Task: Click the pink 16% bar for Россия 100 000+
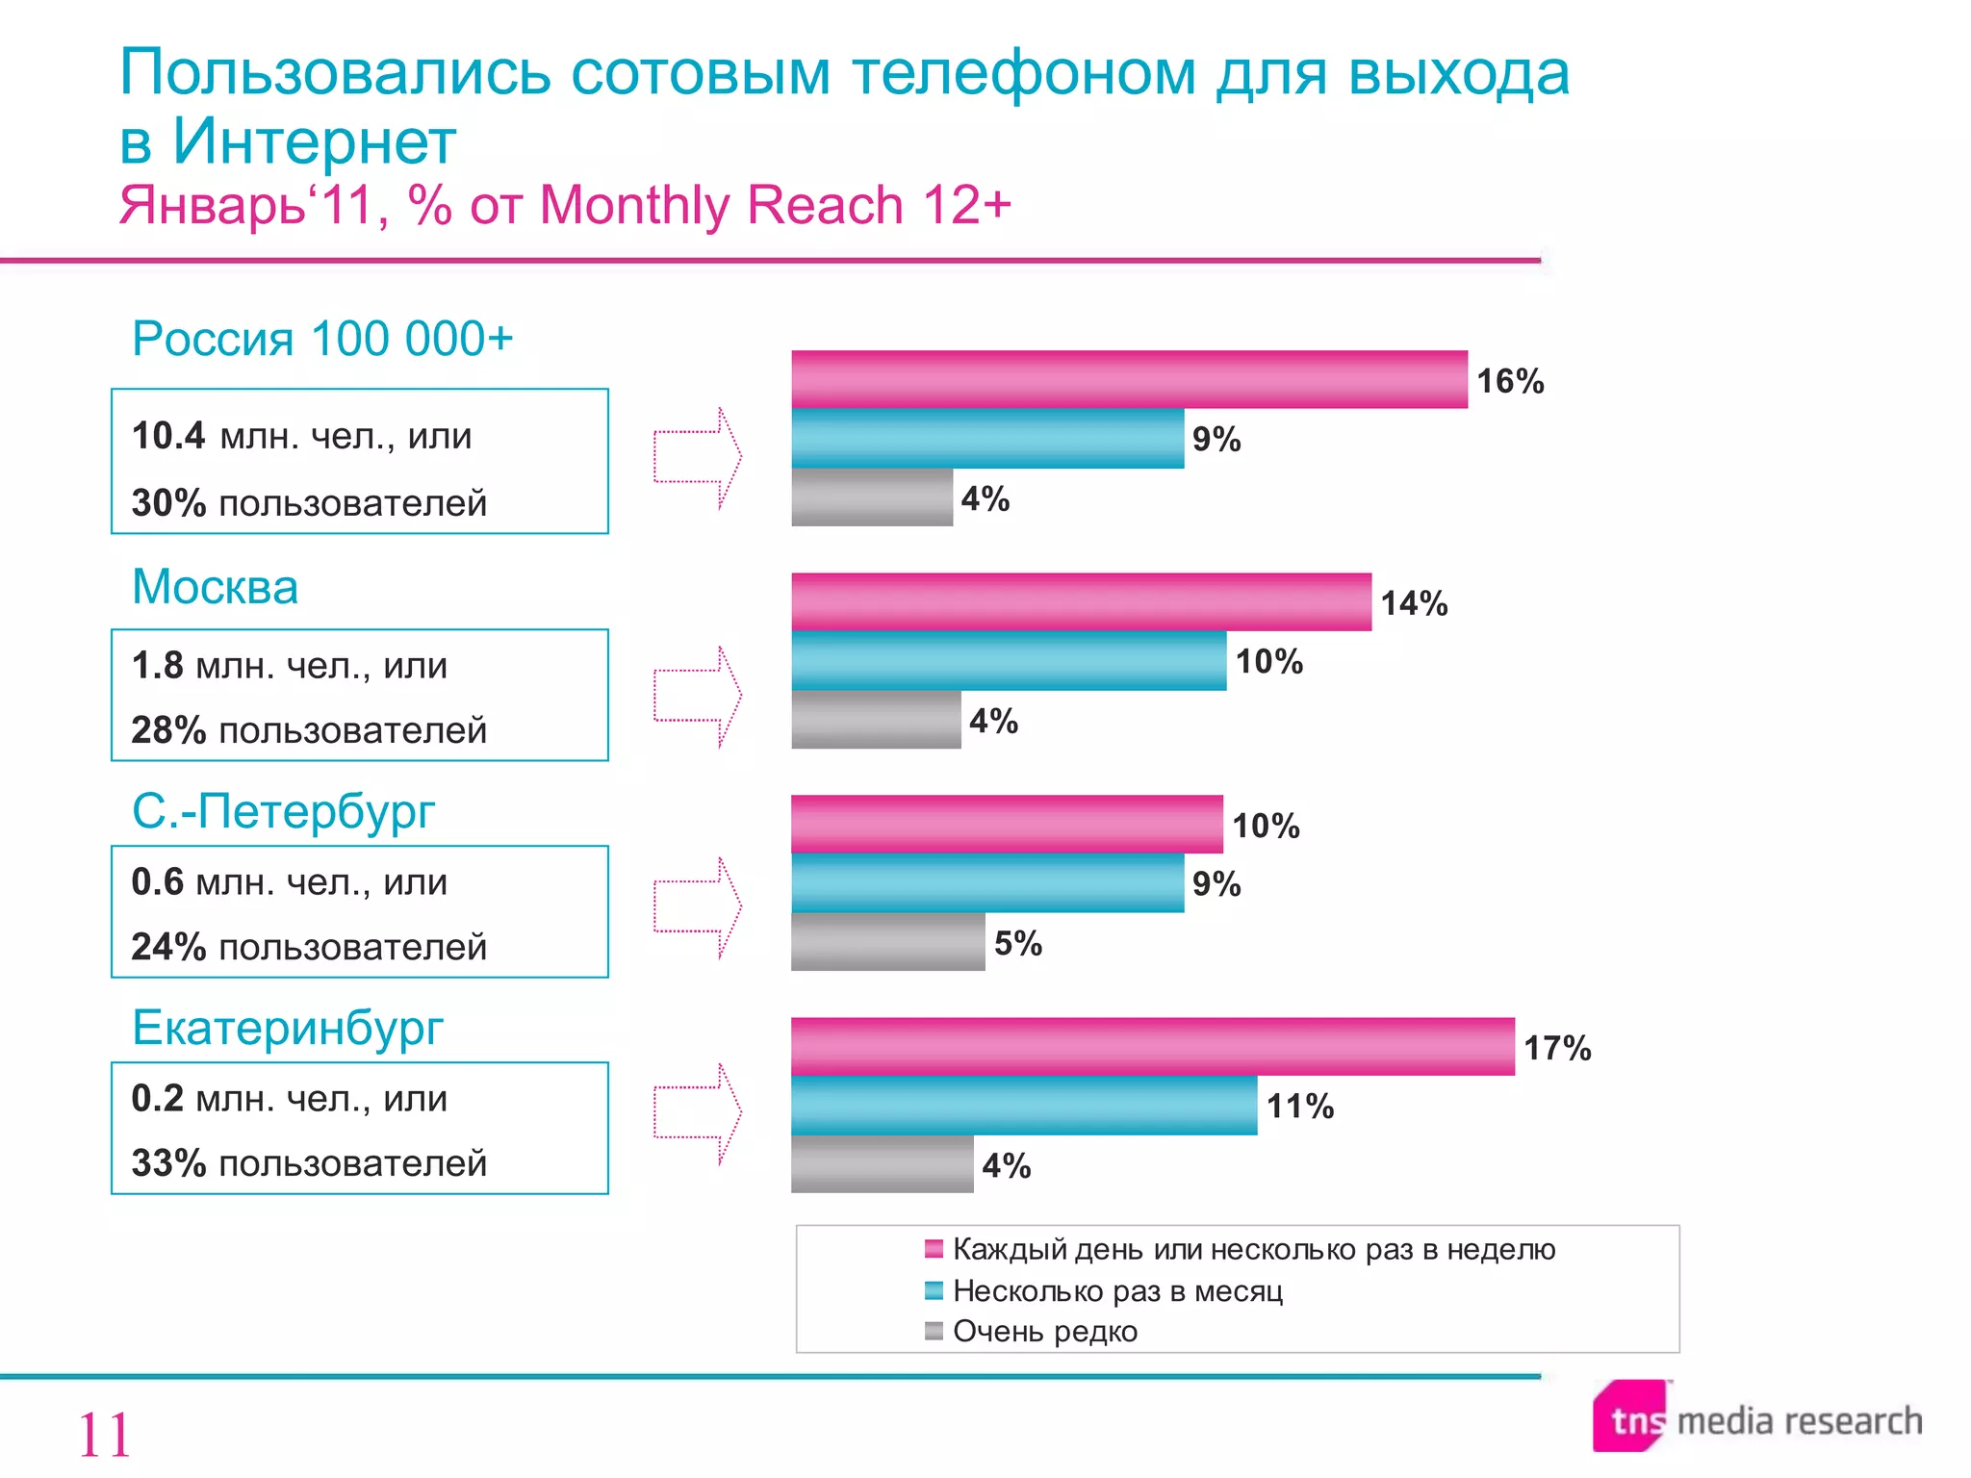click(x=1129, y=379)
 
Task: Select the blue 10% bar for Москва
click(x=1009, y=661)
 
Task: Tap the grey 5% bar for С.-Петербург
click(x=887, y=942)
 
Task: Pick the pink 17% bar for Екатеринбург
click(x=1152, y=1047)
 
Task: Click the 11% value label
click(x=1299, y=1107)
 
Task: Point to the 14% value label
click(x=1413, y=603)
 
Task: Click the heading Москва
click(x=215, y=587)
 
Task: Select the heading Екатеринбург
click(x=287, y=1028)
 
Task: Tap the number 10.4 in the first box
click(x=167, y=436)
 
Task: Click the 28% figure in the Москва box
click(x=168, y=730)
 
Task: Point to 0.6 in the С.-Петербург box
click(x=157, y=882)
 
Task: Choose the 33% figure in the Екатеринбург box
click(x=168, y=1163)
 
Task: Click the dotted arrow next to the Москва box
click(x=698, y=696)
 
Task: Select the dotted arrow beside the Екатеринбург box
click(x=698, y=1113)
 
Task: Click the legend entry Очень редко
click(x=1044, y=1332)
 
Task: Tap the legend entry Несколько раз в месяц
click(x=1116, y=1291)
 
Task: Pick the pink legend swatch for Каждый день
click(x=933, y=1250)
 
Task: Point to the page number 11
click(x=104, y=1435)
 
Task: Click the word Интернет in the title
click(x=313, y=142)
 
